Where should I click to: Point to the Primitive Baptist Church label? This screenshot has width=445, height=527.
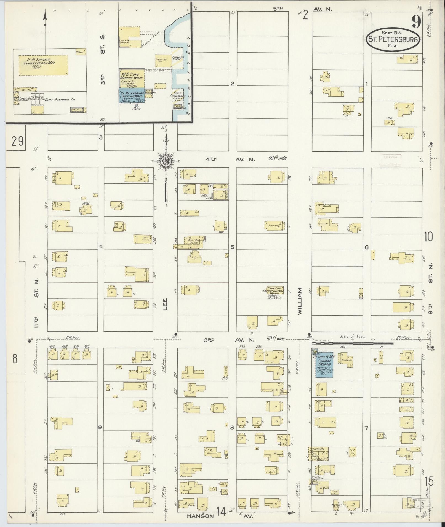[x=273, y=289]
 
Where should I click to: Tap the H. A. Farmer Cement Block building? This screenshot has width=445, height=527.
[x=43, y=65]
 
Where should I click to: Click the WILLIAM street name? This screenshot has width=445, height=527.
[x=300, y=301]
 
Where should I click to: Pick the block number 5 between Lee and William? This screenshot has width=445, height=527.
[x=232, y=247]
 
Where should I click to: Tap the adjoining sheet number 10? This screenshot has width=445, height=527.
[x=428, y=237]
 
